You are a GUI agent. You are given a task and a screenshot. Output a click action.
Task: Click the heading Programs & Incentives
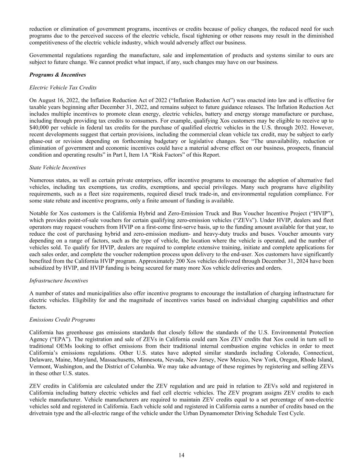(x=57, y=75)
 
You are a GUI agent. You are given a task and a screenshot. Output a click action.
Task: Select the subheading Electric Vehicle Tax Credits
(x=63, y=87)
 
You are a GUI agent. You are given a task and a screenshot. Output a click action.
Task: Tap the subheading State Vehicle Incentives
(x=57, y=167)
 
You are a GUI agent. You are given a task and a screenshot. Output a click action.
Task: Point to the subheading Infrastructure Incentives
(x=58, y=280)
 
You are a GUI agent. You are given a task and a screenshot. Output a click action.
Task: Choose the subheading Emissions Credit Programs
(x=62, y=320)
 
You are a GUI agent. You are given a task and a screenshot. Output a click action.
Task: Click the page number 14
(x=181, y=455)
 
